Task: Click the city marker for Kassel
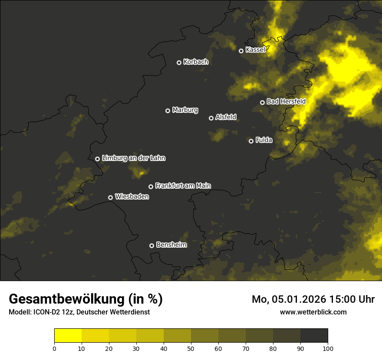click(241, 51)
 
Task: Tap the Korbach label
click(196, 62)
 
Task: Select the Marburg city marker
click(168, 111)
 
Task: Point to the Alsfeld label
click(226, 117)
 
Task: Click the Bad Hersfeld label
click(286, 101)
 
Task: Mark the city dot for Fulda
click(251, 141)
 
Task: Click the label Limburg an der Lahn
click(134, 158)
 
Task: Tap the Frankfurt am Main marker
click(151, 187)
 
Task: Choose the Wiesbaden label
click(132, 197)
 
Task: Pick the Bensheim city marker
click(151, 245)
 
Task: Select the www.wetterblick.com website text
click(313, 312)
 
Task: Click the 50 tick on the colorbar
click(191, 348)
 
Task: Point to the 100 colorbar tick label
click(328, 348)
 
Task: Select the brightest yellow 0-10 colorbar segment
click(68, 336)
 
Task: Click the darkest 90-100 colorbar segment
click(314, 336)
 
